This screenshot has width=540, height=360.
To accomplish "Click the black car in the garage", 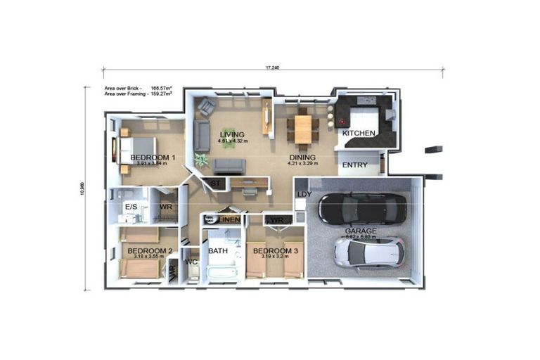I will (x=362, y=208).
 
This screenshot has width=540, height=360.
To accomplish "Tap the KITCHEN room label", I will (x=358, y=133).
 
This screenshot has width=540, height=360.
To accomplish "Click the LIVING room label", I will (x=231, y=134).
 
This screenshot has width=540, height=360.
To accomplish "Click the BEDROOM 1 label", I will (x=153, y=157).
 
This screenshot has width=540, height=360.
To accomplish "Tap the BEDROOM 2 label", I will (x=149, y=250).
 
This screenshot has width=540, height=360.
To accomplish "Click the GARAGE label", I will (x=360, y=231).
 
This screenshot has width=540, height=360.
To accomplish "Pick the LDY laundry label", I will (x=304, y=194).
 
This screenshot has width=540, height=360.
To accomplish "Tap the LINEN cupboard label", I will (x=229, y=220).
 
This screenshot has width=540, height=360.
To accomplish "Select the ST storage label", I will (x=214, y=184).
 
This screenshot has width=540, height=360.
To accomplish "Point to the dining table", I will (x=302, y=129).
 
